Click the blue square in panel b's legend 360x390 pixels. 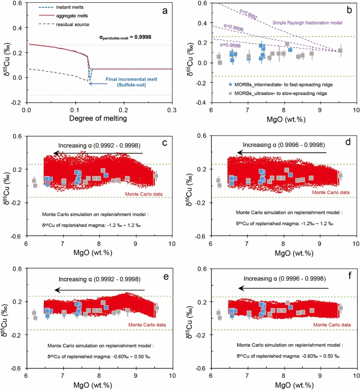point(230,84)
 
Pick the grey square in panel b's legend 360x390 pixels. point(230,92)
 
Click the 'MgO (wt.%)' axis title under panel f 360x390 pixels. point(283,385)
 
